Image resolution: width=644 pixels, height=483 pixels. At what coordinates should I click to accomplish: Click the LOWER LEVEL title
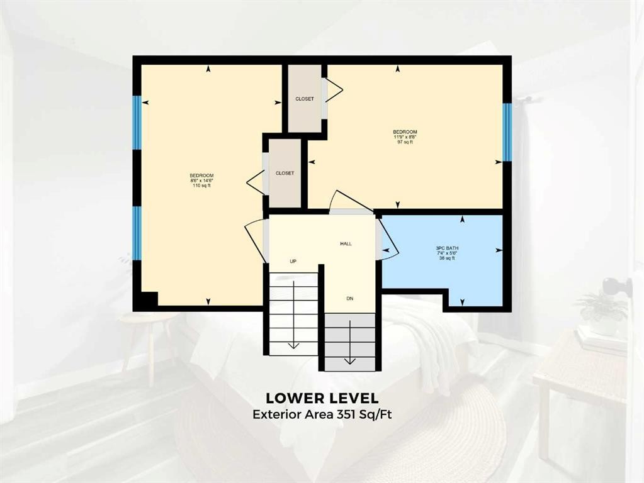(x=322, y=398)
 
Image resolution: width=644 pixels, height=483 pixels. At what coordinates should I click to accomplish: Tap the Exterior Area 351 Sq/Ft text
(x=322, y=414)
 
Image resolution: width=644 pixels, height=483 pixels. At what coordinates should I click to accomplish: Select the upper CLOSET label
(x=305, y=99)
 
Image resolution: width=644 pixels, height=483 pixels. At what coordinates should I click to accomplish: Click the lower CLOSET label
(x=285, y=173)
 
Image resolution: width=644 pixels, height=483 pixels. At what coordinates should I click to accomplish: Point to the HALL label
(x=346, y=243)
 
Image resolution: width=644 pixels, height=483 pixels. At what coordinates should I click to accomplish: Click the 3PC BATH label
(x=448, y=248)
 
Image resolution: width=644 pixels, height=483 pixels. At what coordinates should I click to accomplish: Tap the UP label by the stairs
(x=293, y=261)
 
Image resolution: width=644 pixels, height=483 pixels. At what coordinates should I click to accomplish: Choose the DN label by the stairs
(x=350, y=298)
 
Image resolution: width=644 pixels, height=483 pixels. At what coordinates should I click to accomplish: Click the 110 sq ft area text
(x=201, y=186)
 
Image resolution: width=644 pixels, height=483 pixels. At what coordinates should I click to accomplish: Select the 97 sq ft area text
(x=405, y=142)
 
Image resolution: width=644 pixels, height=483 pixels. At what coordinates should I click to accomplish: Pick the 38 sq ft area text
(x=448, y=258)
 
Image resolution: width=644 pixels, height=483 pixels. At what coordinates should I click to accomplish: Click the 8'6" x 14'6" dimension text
(x=201, y=180)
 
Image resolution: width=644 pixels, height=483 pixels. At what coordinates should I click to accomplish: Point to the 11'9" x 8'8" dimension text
(x=405, y=137)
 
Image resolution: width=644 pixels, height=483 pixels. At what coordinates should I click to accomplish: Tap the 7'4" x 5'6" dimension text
(x=448, y=253)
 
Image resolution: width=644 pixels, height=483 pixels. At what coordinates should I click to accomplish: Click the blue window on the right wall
(x=507, y=132)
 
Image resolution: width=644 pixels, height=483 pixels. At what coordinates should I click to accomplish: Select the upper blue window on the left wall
(x=137, y=122)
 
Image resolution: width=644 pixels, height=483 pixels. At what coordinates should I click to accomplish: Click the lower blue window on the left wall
(x=137, y=233)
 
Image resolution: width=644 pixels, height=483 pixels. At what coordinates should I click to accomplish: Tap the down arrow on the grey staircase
(x=350, y=360)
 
